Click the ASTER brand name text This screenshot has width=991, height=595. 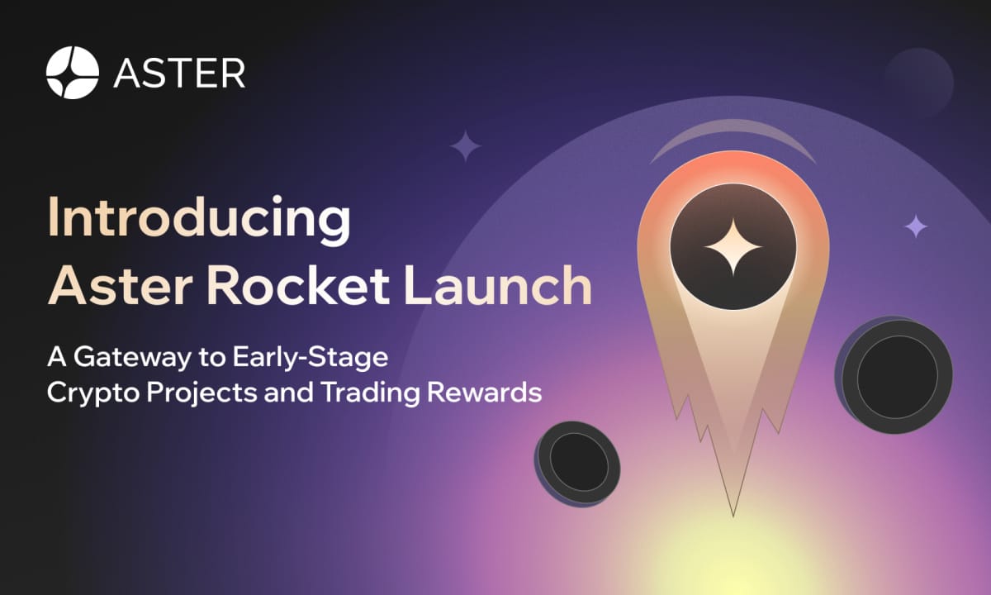179,74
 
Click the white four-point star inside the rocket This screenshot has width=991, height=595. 733,247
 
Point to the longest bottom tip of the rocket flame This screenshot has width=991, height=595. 733,512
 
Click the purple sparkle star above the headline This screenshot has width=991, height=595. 466,146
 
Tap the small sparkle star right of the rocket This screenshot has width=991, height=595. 915,226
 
